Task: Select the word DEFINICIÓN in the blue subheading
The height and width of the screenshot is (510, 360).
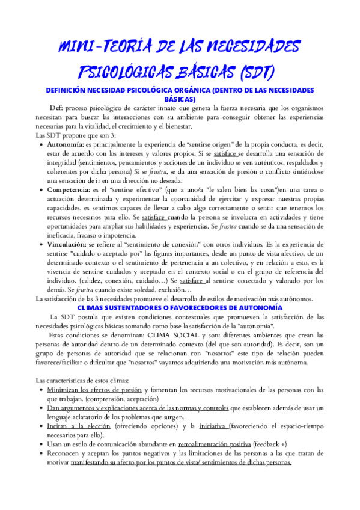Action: click(x=71, y=90)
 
